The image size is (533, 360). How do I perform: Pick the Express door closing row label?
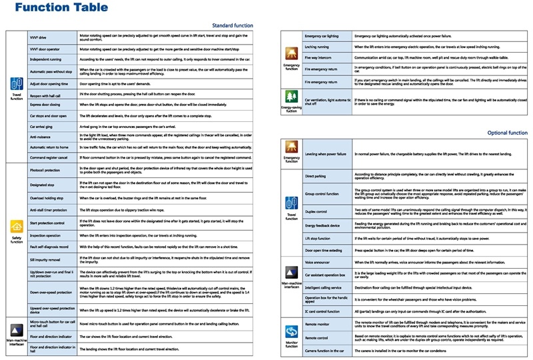(x=45, y=105)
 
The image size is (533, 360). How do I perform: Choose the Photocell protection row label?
(x=46, y=170)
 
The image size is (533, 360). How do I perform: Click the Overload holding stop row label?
(x=47, y=198)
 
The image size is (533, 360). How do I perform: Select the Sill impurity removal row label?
(x=46, y=259)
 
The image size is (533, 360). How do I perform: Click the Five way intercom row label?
(x=319, y=58)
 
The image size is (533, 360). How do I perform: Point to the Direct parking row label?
(x=316, y=177)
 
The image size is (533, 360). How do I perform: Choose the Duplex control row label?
(x=317, y=211)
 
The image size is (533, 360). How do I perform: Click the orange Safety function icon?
(x=16, y=226)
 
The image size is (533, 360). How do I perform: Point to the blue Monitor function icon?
(x=291, y=331)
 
